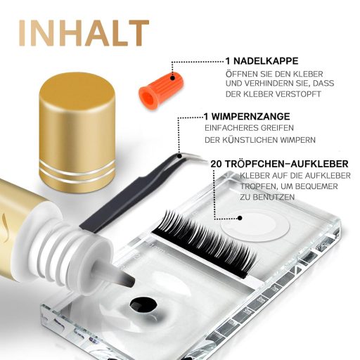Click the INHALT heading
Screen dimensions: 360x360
[84, 33]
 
